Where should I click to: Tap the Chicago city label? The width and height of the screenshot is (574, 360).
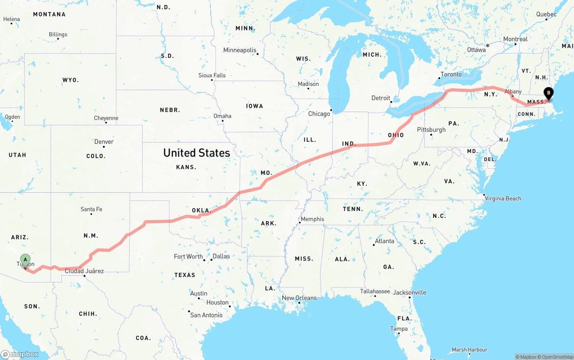coord(319,114)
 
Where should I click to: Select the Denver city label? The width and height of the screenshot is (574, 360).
coord(104,142)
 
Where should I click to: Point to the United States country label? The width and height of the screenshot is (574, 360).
coord(196,153)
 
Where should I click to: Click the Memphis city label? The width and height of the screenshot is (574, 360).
coord(312,219)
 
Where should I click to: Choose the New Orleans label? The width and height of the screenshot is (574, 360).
coord(299,298)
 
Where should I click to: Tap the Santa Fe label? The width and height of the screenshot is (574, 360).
coord(91,209)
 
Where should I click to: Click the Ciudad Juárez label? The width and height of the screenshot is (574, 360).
coord(84,271)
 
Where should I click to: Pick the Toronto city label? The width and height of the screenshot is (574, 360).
coord(451,74)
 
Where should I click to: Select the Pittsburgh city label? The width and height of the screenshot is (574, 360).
coord(431,130)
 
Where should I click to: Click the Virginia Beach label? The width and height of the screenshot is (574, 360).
coord(503,199)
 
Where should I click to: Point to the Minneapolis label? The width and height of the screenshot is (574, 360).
coord(240,50)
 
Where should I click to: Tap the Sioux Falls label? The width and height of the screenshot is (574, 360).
coord(212,75)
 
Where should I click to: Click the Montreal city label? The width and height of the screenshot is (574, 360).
coord(515,39)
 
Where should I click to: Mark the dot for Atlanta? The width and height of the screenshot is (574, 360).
coord(374,245)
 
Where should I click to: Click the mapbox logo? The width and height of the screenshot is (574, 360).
coord(20,354)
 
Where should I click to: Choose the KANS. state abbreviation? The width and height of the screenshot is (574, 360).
coord(186,167)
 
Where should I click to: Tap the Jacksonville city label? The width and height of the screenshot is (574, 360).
coord(409,293)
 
